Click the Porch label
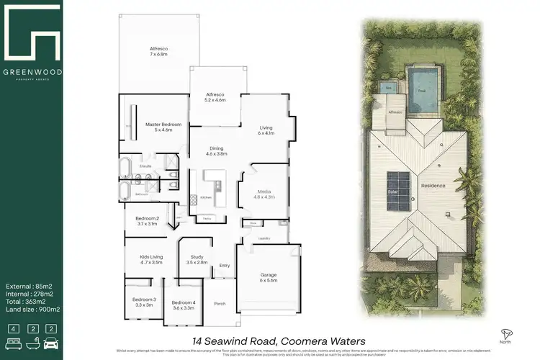coord(220,303)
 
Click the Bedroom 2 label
coord(147,220)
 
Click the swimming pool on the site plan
coord(423,91)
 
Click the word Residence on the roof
coord(433,186)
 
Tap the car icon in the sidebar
coord(50,330)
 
